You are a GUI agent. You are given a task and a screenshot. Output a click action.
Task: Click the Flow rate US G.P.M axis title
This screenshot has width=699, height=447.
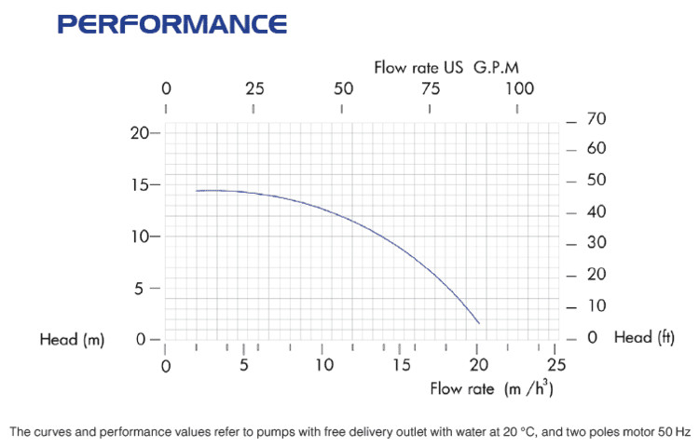(445, 67)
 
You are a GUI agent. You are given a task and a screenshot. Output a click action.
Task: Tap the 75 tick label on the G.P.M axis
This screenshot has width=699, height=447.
(430, 89)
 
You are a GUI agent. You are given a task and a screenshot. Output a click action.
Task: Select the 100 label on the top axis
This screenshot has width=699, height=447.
(519, 89)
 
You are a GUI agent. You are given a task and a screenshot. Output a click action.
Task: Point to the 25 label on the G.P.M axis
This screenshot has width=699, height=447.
(254, 89)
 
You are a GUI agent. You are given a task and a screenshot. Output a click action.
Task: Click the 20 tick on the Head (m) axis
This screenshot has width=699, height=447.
(140, 132)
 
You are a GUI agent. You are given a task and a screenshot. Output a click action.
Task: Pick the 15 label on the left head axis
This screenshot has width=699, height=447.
(140, 184)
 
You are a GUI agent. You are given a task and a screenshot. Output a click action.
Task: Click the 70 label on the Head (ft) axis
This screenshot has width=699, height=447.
(596, 119)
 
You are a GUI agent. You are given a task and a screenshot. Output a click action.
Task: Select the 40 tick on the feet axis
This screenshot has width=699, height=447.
(596, 212)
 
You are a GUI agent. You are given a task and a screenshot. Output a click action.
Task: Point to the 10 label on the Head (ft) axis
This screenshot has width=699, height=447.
(596, 306)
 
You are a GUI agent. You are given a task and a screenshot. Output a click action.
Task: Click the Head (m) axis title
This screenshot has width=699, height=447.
(72, 340)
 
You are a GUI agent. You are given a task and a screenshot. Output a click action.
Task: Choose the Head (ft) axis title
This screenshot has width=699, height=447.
(643, 338)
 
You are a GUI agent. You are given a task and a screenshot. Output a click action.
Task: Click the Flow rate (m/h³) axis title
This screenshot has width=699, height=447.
(491, 388)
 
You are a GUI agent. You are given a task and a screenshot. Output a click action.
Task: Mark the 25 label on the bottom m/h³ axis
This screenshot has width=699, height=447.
(556, 365)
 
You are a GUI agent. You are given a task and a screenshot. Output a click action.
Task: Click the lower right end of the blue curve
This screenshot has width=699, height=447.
(479, 323)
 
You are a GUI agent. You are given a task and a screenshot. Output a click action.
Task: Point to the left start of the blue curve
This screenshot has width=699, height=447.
(197, 191)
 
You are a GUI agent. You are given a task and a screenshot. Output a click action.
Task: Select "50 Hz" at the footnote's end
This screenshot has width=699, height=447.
(674, 432)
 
